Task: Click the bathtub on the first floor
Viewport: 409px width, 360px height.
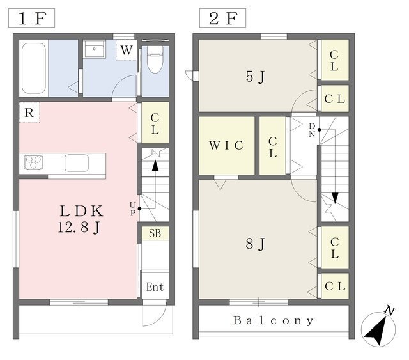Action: tap(34, 68)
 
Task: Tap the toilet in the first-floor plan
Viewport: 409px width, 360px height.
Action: tap(155, 59)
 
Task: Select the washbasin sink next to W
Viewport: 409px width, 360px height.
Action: tap(94, 49)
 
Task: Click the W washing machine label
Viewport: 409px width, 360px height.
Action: tap(127, 50)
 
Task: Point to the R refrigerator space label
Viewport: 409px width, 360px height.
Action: tap(29, 113)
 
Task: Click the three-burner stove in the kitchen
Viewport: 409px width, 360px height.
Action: tap(33, 162)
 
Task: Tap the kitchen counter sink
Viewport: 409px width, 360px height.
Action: tap(77, 163)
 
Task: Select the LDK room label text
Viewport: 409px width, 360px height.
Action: tap(81, 211)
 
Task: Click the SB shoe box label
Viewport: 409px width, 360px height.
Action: tap(155, 233)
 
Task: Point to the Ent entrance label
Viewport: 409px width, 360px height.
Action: tap(155, 287)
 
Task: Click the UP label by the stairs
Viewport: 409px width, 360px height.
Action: tap(133, 209)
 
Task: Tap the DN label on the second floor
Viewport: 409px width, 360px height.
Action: tap(312, 130)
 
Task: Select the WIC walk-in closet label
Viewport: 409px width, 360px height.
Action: tap(226, 145)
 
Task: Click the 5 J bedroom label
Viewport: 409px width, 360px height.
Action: tap(255, 77)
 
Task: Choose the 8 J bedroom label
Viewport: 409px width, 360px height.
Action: tap(255, 244)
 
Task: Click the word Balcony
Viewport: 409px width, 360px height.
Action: tap(274, 320)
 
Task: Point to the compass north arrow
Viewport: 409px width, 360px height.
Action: tap(378, 329)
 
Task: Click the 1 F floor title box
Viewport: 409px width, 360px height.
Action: tap(31, 19)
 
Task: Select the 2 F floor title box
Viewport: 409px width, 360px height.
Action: tap(222, 19)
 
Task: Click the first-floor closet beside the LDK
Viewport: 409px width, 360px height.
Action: tap(155, 123)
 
